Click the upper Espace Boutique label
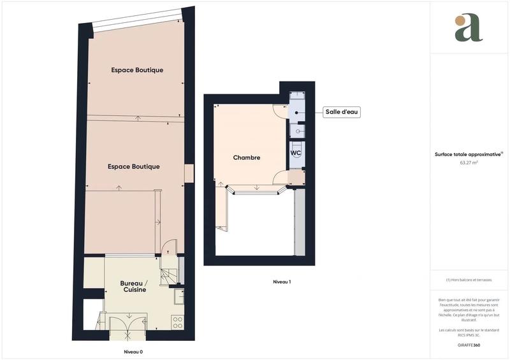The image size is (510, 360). (x=137, y=70)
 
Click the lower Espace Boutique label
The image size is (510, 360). (x=134, y=166)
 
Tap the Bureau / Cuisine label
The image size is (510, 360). (x=134, y=286)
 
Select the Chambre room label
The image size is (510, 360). (x=246, y=157)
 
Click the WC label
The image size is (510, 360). (x=296, y=154)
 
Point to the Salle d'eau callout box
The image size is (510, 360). (x=342, y=112)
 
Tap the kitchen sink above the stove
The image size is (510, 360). (x=178, y=296)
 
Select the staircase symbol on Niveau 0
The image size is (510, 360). (x=170, y=274)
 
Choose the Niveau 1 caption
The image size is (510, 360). (x=282, y=281)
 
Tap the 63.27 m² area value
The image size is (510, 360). (x=469, y=162)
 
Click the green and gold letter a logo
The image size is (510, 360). (x=469, y=28)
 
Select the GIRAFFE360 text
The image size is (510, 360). (x=469, y=345)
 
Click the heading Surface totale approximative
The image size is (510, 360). (x=469, y=154)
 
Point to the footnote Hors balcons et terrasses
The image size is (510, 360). (x=469, y=280)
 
